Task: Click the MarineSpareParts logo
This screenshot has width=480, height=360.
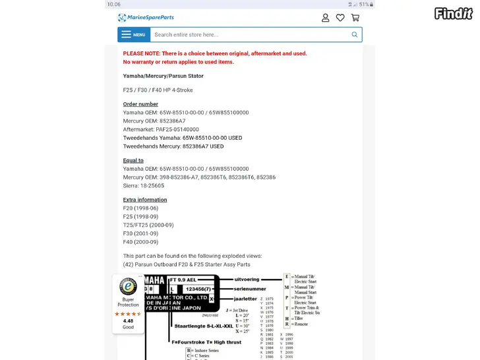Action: tap(146, 18)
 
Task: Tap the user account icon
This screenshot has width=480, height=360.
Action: tap(325, 18)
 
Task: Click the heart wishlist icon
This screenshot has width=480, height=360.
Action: tap(340, 18)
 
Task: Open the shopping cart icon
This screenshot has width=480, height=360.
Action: tap(355, 18)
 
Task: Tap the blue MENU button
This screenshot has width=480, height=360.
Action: tap(134, 35)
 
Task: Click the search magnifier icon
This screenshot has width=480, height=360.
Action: tap(355, 35)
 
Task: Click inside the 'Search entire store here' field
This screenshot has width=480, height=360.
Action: tap(251, 35)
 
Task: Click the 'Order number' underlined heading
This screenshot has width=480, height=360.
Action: tap(140, 104)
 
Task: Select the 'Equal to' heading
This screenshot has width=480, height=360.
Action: tap(133, 160)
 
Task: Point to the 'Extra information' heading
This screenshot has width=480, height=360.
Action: tap(145, 200)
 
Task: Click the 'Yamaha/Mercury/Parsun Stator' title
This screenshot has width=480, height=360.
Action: tap(163, 76)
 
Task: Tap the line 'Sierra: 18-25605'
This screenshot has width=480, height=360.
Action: tap(144, 186)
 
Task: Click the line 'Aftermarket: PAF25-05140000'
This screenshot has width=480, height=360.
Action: tap(161, 129)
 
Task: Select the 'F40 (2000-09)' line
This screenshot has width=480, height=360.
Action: tap(140, 242)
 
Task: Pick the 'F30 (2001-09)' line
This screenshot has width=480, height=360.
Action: tap(140, 233)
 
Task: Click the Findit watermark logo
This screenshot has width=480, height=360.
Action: tap(454, 13)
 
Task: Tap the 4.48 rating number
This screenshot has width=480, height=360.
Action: tap(128, 321)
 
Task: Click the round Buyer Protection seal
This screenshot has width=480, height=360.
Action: tap(128, 287)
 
